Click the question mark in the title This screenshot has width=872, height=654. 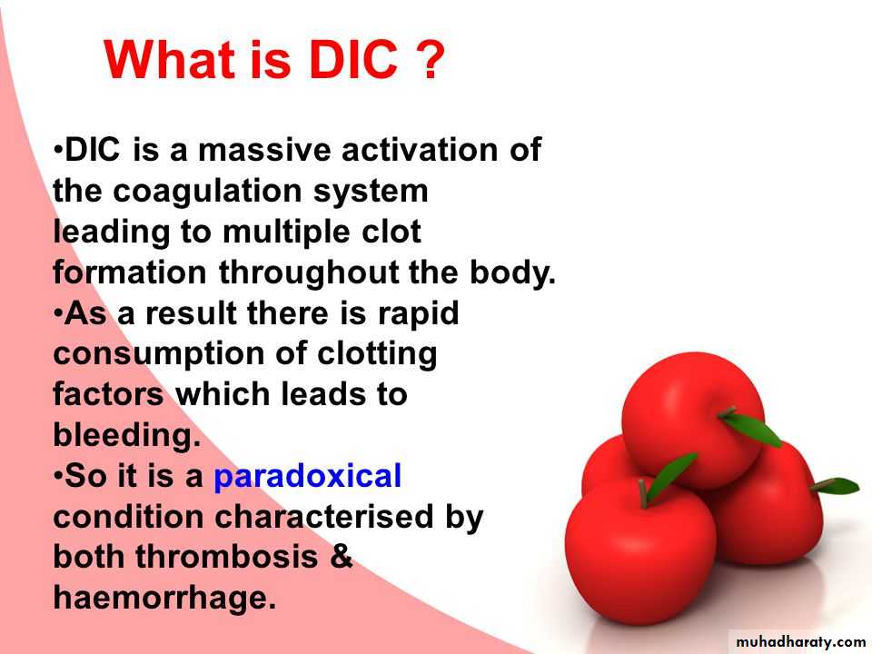[430, 59]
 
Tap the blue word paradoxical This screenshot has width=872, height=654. [308, 478]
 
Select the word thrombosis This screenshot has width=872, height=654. [226, 557]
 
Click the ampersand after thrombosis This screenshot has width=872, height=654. [342, 557]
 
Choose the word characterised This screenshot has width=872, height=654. [323, 517]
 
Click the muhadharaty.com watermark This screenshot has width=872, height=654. [800, 642]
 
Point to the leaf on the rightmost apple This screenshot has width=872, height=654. [837, 486]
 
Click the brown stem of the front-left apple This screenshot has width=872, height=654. [642, 494]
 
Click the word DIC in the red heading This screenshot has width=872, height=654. [353, 60]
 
